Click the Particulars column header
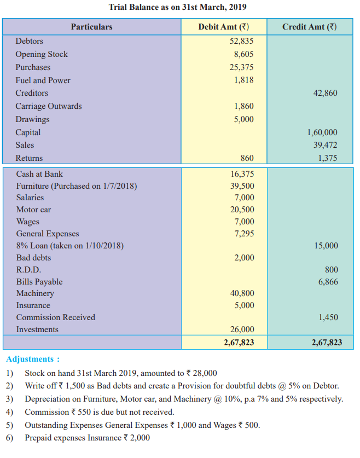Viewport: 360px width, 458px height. point(92,27)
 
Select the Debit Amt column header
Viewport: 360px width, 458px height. point(224,27)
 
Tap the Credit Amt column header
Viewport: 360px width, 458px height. point(310,27)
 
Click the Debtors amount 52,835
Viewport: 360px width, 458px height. point(241,41)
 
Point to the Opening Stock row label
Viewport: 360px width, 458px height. point(42,54)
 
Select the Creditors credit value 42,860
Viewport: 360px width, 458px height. point(325,93)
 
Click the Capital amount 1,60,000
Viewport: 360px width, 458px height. point(322,132)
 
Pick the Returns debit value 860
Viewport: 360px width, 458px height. point(247,158)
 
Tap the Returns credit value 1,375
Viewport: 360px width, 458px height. point(328,158)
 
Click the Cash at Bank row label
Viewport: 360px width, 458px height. point(39,174)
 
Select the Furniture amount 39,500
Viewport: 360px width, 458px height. point(242,186)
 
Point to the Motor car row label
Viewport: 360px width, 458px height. point(33,210)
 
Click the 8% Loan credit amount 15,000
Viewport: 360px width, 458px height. point(326,246)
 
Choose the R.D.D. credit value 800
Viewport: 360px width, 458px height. point(332,270)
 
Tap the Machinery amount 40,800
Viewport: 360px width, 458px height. point(242,293)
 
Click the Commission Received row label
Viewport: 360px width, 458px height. point(56,317)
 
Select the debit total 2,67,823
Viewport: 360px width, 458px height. point(239,343)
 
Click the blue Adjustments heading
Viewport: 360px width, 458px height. point(33,359)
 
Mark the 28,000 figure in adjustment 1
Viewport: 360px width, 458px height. point(205,373)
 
